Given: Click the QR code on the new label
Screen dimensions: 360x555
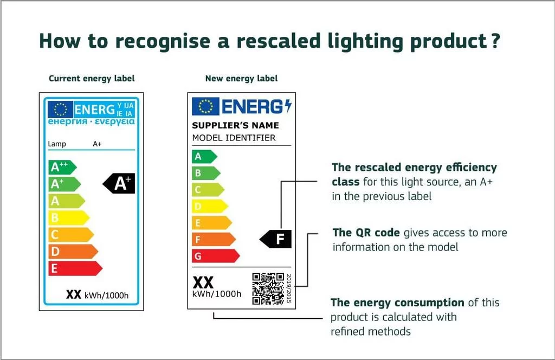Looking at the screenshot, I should click(268, 288).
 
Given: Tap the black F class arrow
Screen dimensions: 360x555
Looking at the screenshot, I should click(276, 239).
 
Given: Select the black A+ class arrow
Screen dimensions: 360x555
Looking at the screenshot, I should click(120, 184).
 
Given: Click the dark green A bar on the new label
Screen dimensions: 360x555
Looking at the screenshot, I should click(204, 157).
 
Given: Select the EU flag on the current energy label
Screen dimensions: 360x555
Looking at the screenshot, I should click(60, 110).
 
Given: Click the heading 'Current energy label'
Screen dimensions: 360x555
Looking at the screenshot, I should click(92, 79).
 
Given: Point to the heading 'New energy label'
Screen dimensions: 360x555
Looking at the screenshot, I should click(241, 79).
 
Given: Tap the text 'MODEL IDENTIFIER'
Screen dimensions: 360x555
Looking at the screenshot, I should click(234, 138).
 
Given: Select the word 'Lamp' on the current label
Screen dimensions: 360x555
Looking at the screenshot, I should click(56, 144).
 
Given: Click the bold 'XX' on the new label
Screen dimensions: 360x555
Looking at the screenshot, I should click(203, 282).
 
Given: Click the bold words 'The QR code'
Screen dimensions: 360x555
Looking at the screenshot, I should click(366, 233).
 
